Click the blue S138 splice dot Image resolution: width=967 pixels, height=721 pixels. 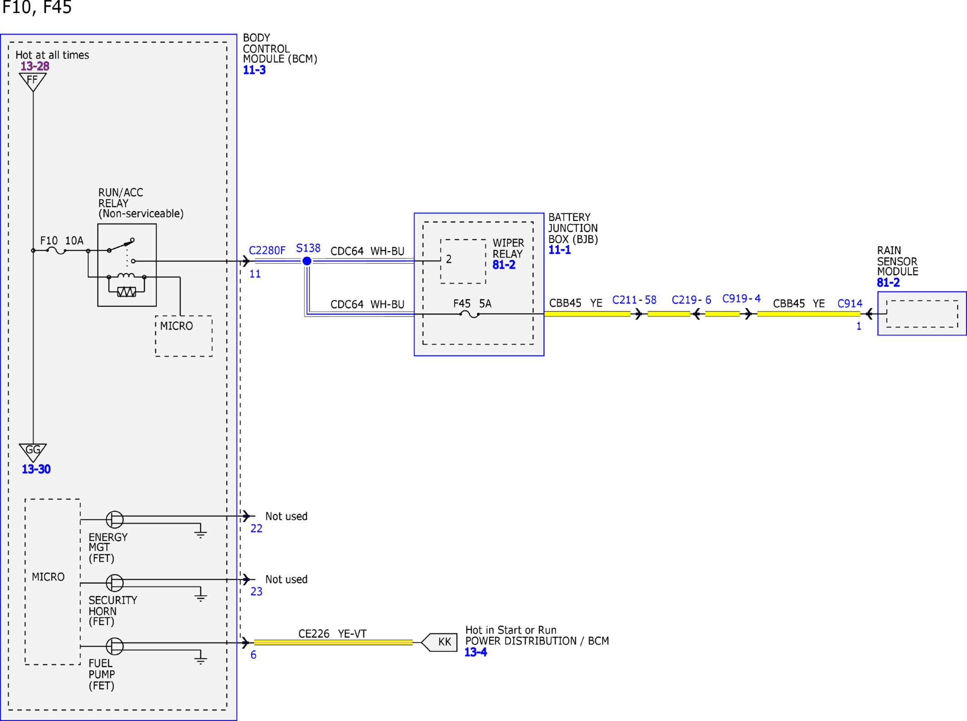(x=307, y=261)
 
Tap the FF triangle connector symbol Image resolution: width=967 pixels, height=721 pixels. (x=33, y=82)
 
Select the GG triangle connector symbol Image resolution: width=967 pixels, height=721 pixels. (x=33, y=452)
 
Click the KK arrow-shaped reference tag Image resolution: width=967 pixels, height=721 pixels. (x=439, y=642)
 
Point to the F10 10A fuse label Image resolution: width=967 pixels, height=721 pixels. (x=62, y=241)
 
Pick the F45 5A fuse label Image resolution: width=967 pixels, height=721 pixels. (x=472, y=303)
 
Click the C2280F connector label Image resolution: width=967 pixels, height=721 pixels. (x=267, y=251)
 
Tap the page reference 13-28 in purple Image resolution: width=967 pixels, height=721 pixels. (x=35, y=66)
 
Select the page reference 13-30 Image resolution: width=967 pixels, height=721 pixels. (x=36, y=469)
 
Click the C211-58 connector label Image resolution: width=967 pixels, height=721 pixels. (x=634, y=300)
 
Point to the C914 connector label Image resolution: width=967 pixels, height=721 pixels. (x=850, y=303)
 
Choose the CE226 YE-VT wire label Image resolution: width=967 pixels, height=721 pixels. (x=332, y=633)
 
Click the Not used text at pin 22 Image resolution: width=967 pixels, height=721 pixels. (x=286, y=516)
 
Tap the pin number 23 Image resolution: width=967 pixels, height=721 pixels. (x=257, y=591)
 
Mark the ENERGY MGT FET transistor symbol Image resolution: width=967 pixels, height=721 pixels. (x=114, y=519)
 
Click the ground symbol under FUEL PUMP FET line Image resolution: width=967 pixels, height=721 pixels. (x=201, y=660)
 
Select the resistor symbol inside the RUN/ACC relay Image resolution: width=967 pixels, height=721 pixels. (x=126, y=292)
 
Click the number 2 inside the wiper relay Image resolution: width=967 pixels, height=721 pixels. (x=449, y=259)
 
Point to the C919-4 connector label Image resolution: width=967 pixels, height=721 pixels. (x=741, y=298)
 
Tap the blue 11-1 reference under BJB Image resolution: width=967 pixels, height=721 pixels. (x=559, y=250)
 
